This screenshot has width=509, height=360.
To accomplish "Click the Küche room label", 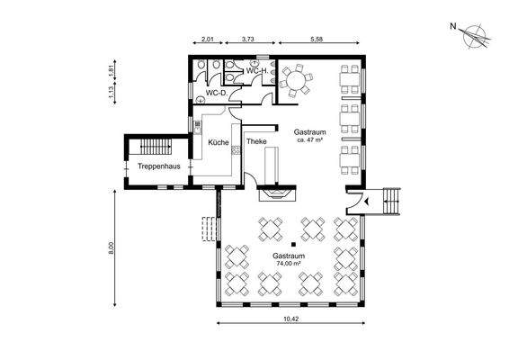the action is [x=219, y=142].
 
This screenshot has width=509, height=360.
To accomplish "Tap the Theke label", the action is [x=256, y=141].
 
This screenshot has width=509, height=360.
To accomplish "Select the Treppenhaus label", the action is [x=159, y=166].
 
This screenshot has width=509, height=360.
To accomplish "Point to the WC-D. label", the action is [x=217, y=93].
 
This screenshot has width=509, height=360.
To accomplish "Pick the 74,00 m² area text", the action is [x=289, y=264].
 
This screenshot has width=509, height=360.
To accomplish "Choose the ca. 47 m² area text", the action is [x=309, y=140].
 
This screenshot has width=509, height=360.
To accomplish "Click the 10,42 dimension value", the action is [x=290, y=319].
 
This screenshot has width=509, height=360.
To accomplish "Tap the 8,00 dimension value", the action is [x=111, y=248].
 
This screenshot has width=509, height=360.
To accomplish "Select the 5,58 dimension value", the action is [x=317, y=40].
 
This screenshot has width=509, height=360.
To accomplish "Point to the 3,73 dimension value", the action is [x=247, y=40].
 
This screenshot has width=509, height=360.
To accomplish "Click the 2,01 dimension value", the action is [x=208, y=40].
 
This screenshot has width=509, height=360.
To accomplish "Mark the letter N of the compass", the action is [x=453, y=26].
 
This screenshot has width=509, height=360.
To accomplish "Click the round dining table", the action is [x=295, y=80].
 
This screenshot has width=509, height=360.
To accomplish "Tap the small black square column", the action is [x=293, y=245].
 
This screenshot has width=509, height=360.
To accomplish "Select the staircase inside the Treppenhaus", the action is [x=156, y=147].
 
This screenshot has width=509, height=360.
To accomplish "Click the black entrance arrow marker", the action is [x=367, y=202].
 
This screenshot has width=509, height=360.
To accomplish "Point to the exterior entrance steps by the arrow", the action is [x=392, y=202].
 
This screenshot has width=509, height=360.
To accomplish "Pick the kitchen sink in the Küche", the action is [x=197, y=127].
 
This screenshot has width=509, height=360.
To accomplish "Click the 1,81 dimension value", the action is [x=111, y=70].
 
